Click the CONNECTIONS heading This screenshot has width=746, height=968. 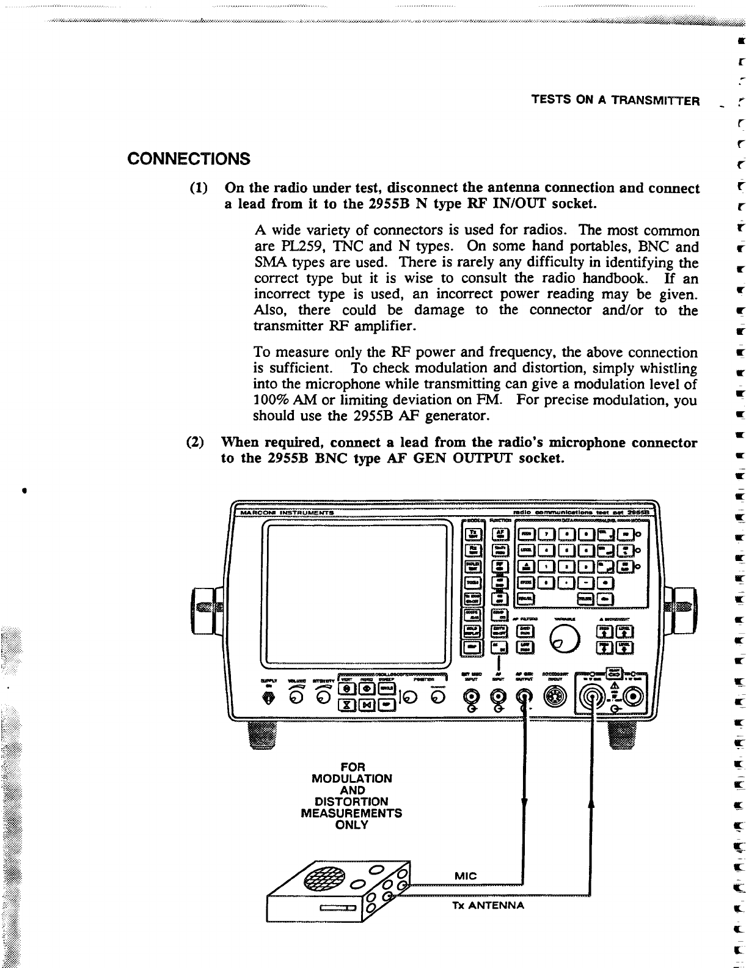189,159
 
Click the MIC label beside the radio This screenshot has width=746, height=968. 466,876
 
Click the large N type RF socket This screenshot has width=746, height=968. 593,697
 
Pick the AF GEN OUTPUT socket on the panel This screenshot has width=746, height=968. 524,695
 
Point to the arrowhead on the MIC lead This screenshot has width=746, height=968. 524,802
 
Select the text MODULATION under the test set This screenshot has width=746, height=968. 352,779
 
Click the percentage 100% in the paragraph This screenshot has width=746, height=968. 272,400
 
